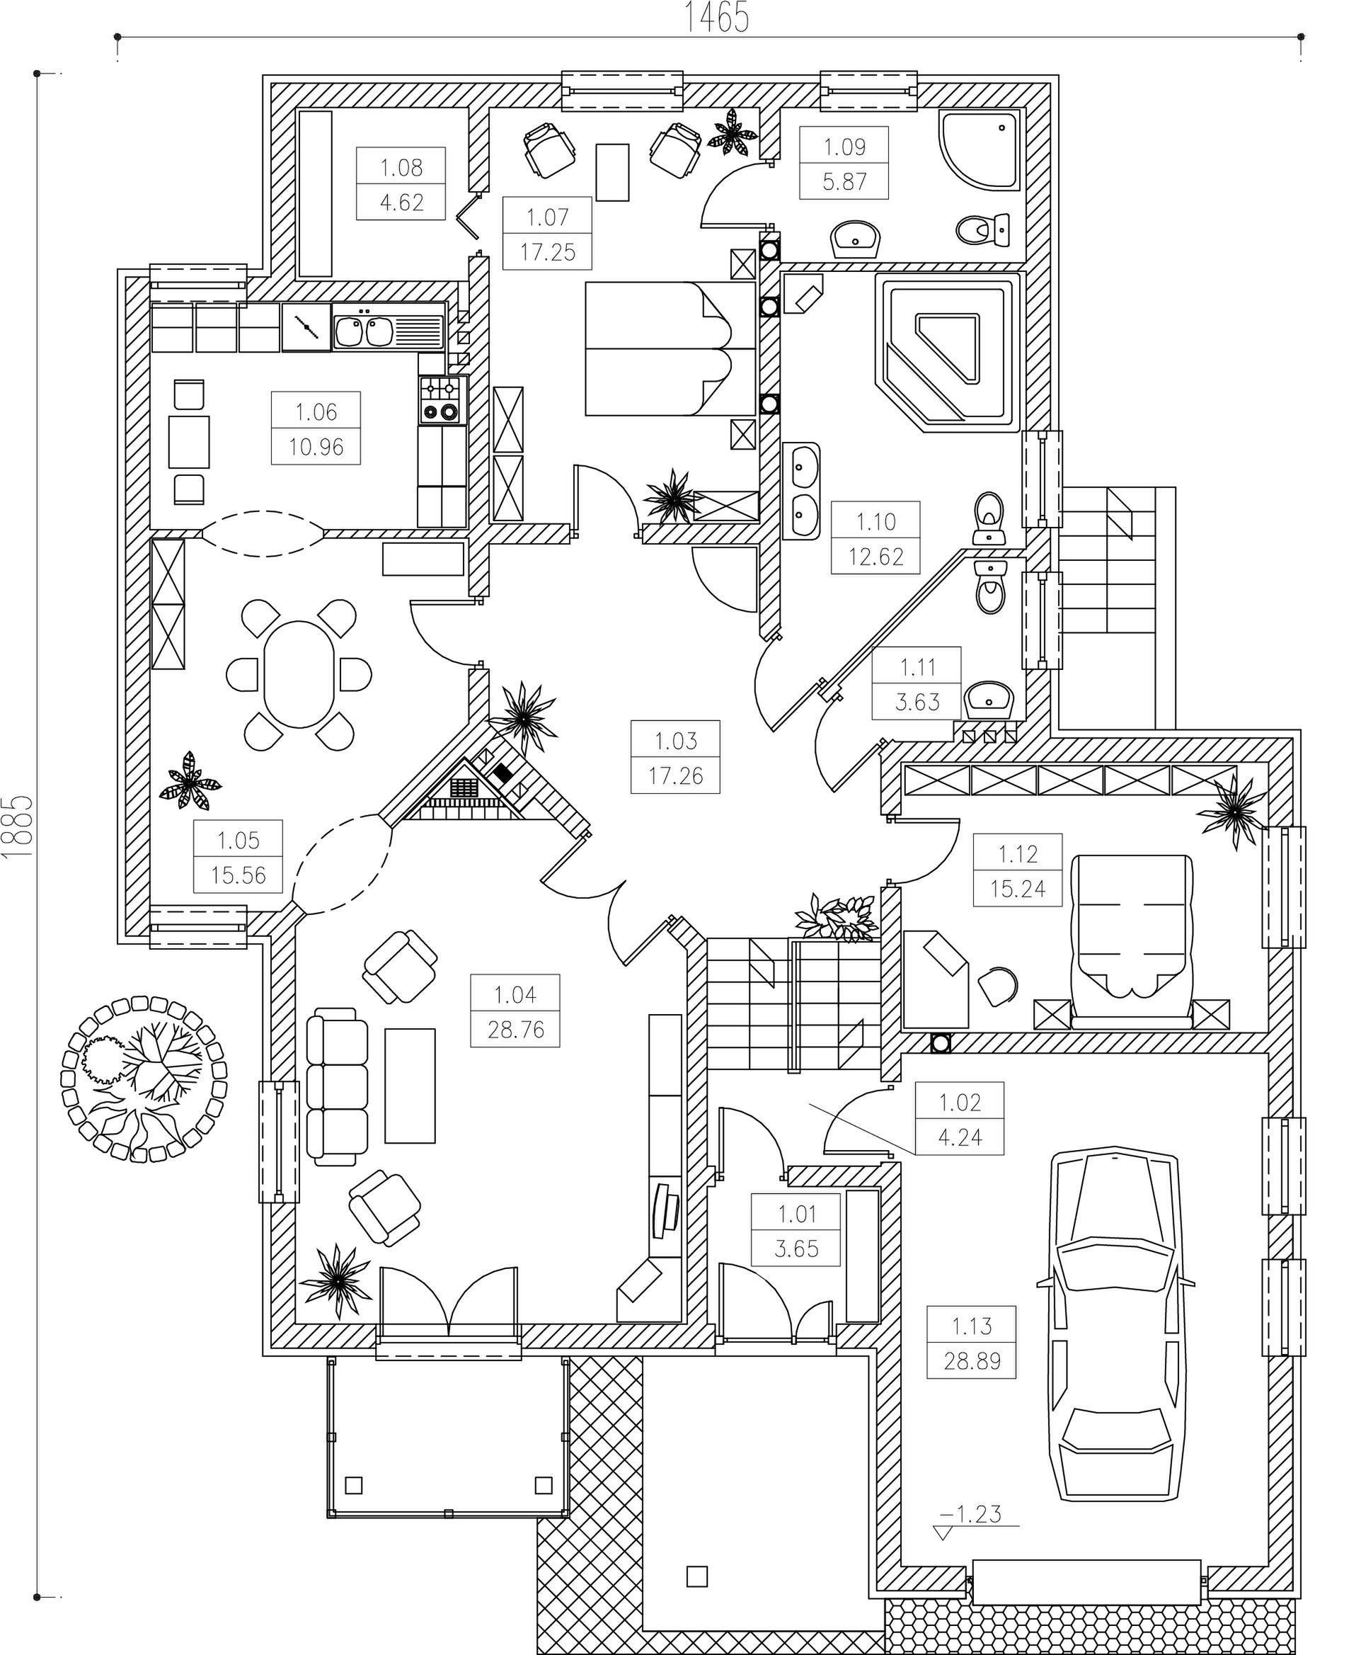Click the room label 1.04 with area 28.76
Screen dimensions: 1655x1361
(515, 1012)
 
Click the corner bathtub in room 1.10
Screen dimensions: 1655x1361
(951, 351)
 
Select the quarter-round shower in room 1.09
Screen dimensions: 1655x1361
(980, 149)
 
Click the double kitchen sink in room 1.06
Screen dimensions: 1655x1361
(364, 331)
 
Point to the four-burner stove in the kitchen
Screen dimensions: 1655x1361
(442, 400)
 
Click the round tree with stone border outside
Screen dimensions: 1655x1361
(144, 1079)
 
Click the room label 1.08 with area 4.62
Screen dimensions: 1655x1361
(401, 184)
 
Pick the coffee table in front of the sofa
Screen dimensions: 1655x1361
(410, 1086)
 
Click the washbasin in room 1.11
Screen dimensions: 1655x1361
(989, 698)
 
